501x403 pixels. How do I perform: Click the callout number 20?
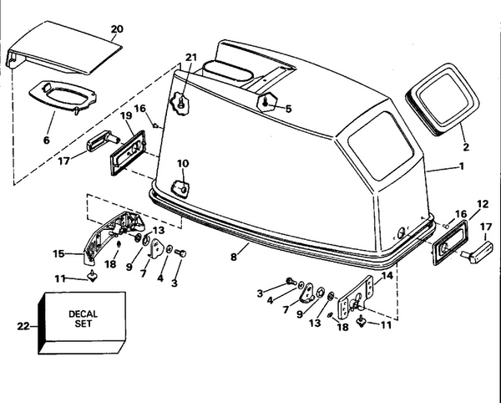(117, 29)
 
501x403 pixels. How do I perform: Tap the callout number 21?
(190, 58)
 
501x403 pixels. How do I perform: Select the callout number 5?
(289, 109)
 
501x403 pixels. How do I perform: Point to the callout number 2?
(466, 147)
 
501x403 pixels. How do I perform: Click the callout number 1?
(461, 166)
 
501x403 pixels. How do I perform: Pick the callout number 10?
(183, 164)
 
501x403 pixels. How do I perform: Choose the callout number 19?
(126, 115)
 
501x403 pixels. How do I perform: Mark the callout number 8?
(234, 257)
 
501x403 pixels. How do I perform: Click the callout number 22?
(23, 327)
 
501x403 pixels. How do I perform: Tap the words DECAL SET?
(83, 319)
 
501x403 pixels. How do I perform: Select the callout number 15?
(58, 254)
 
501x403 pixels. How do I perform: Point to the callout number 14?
(387, 275)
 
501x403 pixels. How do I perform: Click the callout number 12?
(483, 204)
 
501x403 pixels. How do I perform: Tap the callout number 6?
(46, 140)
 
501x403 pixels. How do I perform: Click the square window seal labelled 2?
(443, 99)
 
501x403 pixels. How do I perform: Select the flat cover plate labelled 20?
(64, 48)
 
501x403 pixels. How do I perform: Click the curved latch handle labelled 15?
(112, 237)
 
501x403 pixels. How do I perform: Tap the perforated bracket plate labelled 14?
(356, 298)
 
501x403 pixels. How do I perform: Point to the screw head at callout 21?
(181, 102)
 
